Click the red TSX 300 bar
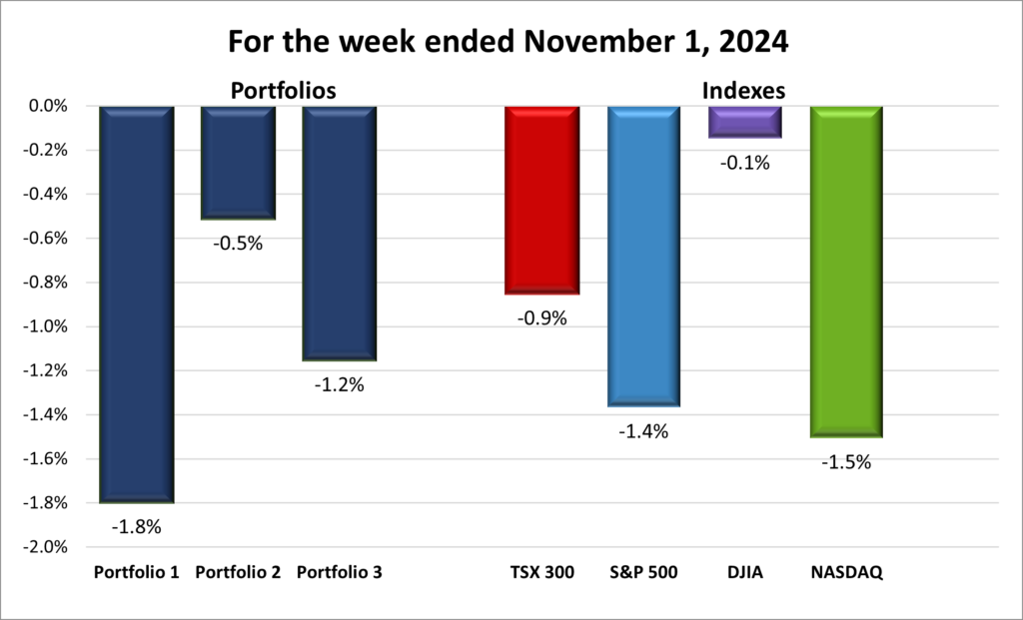541,200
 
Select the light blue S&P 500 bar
643,256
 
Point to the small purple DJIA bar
744,121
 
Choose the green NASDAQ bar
846,271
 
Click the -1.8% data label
137,526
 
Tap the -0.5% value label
239,242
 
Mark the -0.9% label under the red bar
542,318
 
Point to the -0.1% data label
745,162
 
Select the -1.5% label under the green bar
847,462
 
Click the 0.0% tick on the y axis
46,106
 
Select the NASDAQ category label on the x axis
845,573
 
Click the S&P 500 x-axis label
643,573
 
